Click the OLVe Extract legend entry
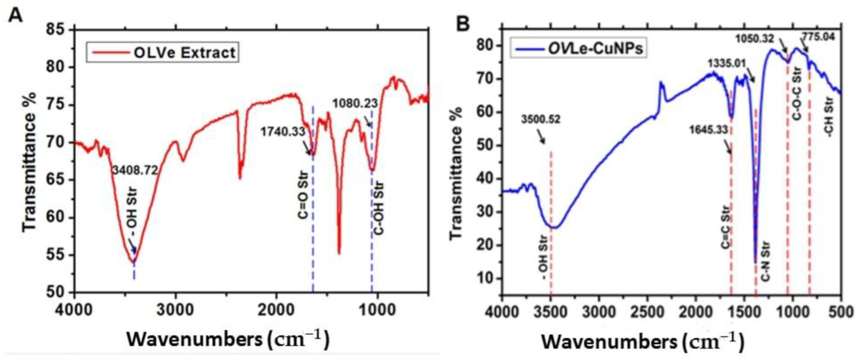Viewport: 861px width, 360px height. [162, 52]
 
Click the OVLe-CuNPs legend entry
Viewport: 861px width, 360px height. [578, 49]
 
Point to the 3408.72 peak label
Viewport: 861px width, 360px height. [135, 170]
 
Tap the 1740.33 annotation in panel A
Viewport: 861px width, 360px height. [283, 131]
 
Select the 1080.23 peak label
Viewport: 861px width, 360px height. [355, 103]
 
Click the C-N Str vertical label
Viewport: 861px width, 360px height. [766, 262]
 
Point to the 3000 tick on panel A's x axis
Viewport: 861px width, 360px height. [175, 309]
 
